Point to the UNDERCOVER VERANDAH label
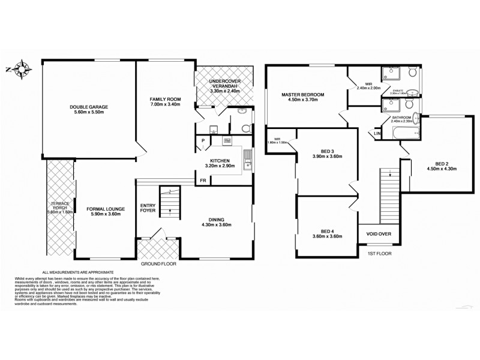pyautogui.click(x=225, y=83)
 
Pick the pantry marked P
pyautogui.click(x=203, y=142)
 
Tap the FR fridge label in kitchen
pyautogui.click(x=203, y=179)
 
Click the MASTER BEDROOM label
pyautogui.click(x=303, y=95)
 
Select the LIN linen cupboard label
pyautogui.click(x=378, y=133)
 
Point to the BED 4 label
pyautogui.click(x=327, y=231)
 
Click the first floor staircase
pyautogui.click(x=388, y=195)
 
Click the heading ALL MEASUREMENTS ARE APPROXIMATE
pyautogui.click(x=77, y=272)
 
